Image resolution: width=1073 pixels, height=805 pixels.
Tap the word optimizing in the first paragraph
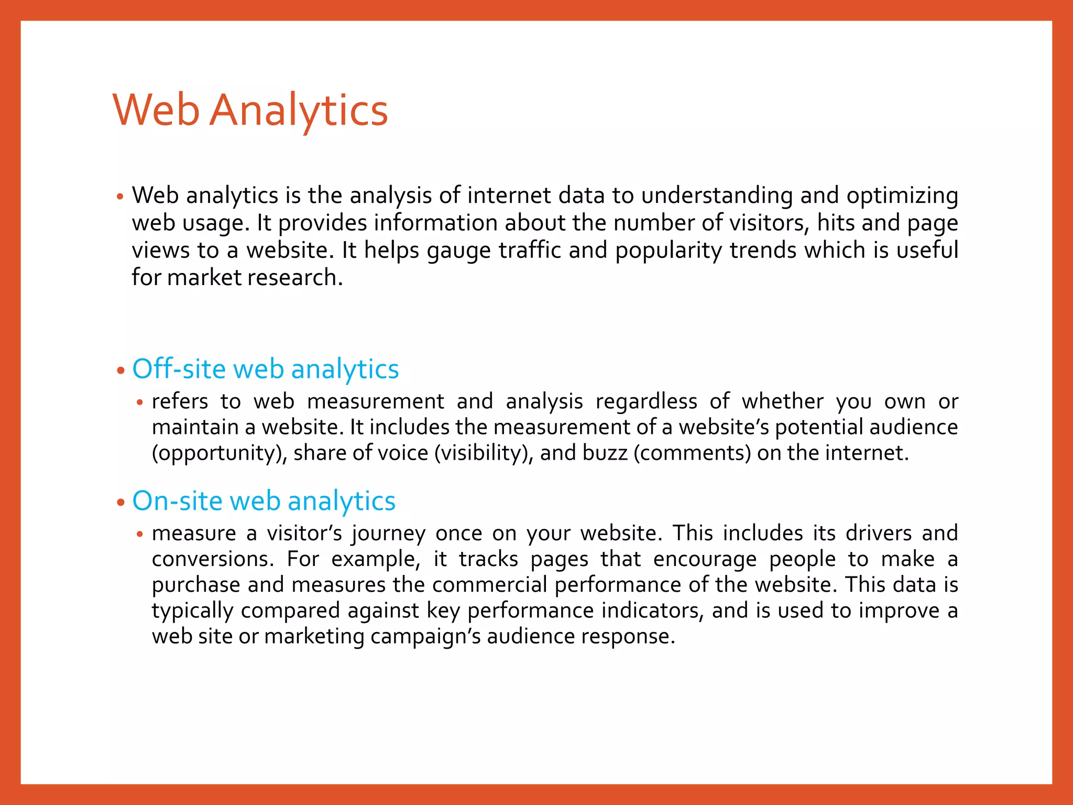[902, 195]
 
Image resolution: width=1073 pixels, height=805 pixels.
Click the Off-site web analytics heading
[266, 369]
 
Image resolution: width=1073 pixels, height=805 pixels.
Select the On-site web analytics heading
[264, 501]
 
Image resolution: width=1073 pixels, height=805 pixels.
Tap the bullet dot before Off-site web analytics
[121, 371]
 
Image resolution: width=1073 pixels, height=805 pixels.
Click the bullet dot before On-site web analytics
[121, 502]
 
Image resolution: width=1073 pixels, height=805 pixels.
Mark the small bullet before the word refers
[139, 403]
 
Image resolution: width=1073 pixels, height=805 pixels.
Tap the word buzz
[605, 453]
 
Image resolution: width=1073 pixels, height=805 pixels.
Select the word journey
[388, 534]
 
